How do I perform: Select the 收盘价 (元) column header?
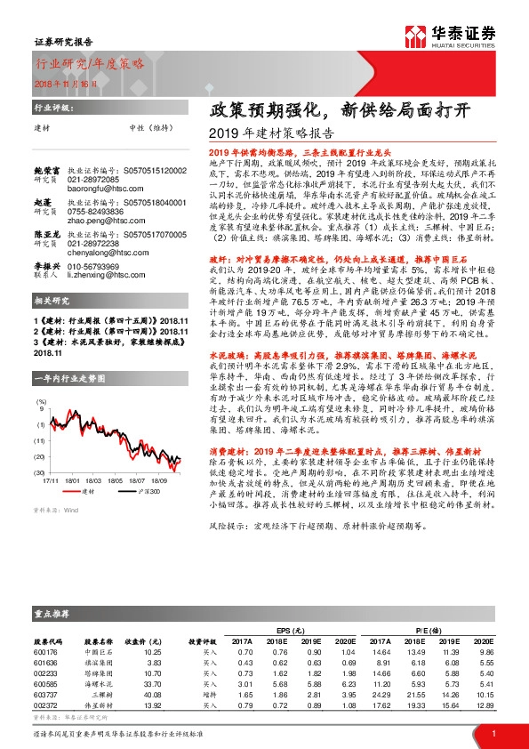pyautogui.click(x=145, y=640)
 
